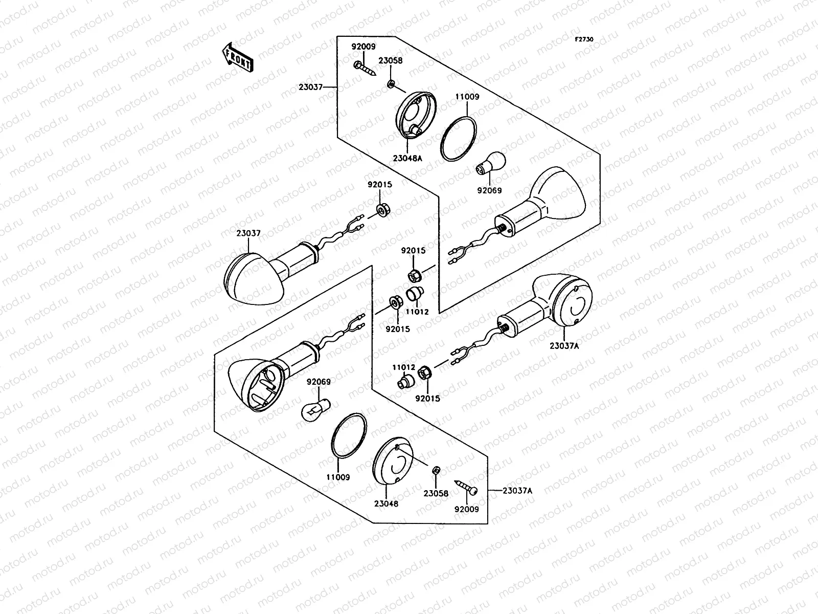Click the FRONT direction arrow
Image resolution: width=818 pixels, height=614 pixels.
click(x=238, y=57)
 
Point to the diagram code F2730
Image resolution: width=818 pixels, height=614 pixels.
click(x=584, y=39)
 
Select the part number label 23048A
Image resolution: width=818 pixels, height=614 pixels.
click(x=407, y=158)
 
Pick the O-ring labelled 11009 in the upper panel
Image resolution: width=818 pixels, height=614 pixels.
click(x=458, y=139)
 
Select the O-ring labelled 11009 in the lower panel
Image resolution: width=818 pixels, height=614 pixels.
click(x=349, y=435)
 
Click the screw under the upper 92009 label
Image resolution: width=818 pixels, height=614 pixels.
click(x=365, y=69)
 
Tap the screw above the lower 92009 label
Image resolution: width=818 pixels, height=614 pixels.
click(x=466, y=487)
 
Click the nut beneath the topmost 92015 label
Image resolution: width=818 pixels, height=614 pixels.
click(x=383, y=210)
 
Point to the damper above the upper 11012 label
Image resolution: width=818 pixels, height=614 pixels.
click(x=415, y=294)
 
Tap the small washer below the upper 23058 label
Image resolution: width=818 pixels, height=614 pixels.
click(x=391, y=84)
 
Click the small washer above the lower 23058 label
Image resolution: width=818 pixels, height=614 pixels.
click(x=436, y=470)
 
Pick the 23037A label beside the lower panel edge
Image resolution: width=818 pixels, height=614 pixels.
click(x=517, y=491)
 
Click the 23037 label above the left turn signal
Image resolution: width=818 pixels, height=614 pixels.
click(x=248, y=233)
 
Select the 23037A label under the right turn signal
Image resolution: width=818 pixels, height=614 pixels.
click(x=564, y=346)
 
